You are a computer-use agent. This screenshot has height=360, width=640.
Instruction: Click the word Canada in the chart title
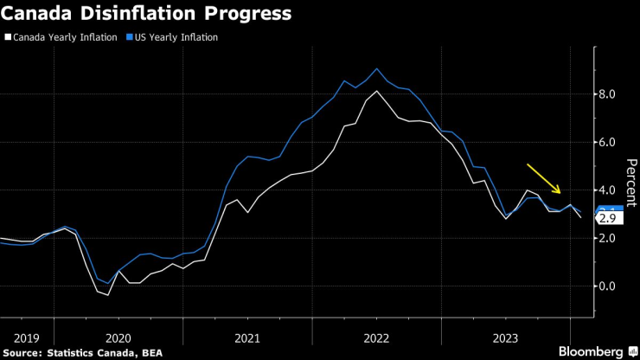click(41, 15)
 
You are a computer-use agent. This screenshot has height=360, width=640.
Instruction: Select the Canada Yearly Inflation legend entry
click(65, 37)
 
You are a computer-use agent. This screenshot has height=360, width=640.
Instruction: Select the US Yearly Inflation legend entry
click(176, 37)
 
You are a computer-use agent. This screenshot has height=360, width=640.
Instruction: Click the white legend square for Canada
click(8, 37)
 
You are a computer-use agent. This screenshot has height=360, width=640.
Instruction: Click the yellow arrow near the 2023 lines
click(545, 178)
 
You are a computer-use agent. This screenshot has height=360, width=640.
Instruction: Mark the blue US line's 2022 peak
click(376, 68)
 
